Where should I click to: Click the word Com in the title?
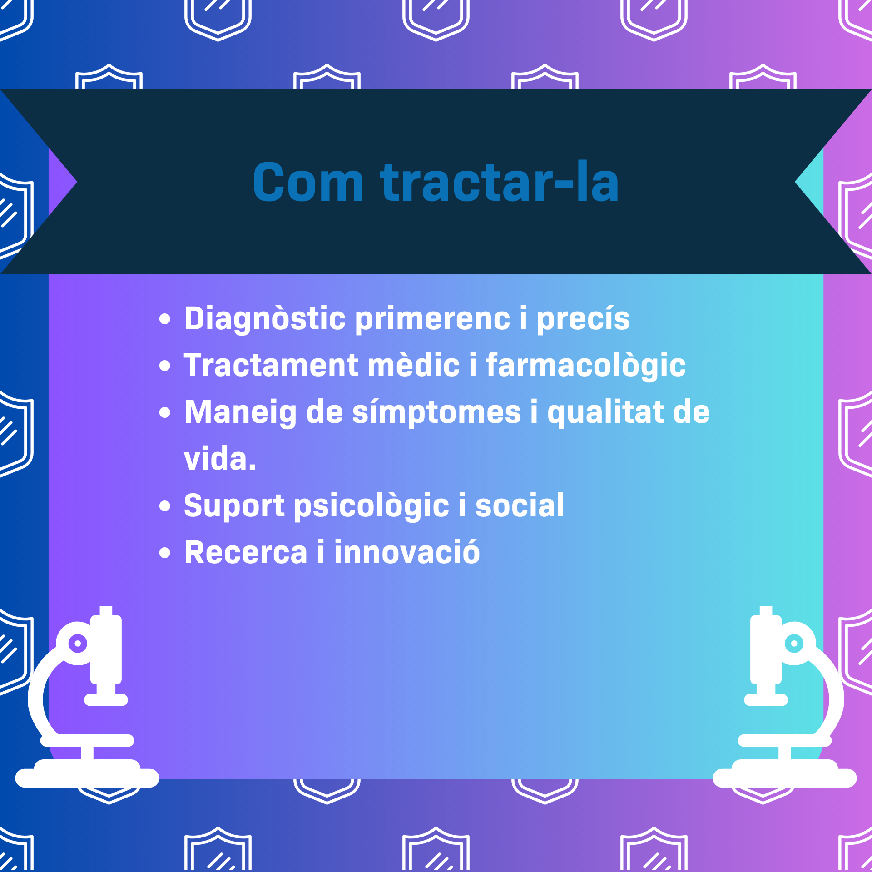(308, 182)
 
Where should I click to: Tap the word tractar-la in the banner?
(500, 181)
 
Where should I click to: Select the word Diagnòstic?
(265, 319)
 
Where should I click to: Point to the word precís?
(584, 319)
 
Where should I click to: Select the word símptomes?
(436, 413)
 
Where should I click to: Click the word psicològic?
(372, 506)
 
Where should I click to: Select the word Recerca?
(246, 552)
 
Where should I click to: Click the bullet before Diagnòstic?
(165, 319)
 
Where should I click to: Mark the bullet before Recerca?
(165, 553)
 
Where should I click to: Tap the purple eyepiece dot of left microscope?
(78, 644)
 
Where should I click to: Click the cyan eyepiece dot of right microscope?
(794, 644)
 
